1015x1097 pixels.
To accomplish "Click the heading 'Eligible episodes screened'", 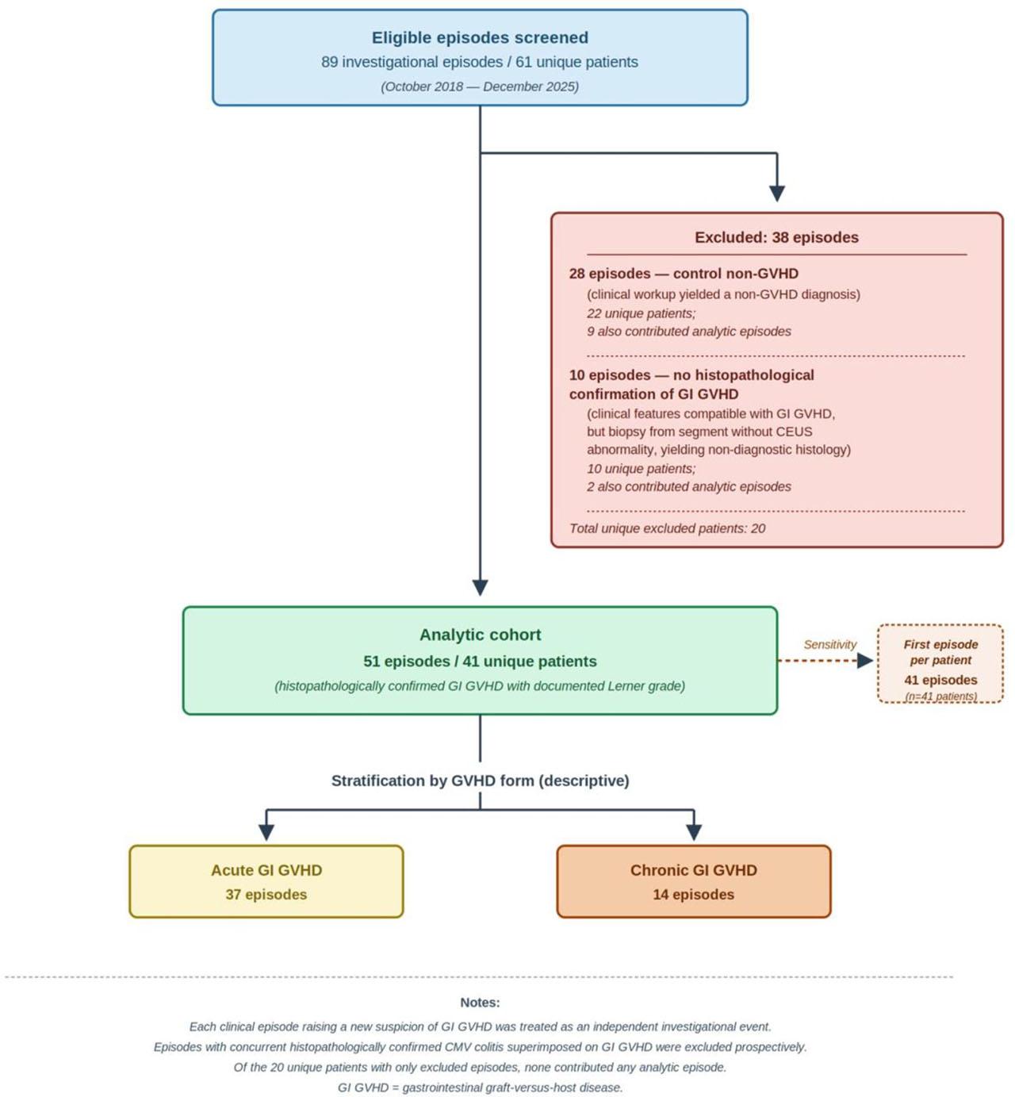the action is (480, 37).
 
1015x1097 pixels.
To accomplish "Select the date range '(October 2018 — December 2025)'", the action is (480, 86).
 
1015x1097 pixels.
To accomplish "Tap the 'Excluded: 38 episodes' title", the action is (776, 237).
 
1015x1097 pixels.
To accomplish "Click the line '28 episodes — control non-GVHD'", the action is (684, 274).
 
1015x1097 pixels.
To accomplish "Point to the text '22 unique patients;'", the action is (642, 313).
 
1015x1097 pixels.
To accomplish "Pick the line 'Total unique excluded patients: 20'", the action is (667, 528).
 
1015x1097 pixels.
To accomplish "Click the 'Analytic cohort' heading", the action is (480, 634).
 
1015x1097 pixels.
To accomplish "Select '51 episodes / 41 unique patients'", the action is (480, 662).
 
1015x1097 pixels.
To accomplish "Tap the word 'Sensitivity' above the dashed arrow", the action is (829, 644).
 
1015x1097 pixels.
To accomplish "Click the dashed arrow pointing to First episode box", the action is (825, 660).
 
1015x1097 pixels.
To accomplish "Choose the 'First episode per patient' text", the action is (940, 652).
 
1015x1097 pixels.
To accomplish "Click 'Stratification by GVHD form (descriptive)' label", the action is (480, 781).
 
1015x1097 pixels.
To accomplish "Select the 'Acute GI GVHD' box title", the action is (266, 870).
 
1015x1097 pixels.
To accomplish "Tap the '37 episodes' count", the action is (266, 894).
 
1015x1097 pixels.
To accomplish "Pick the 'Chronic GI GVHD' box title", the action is (694, 870).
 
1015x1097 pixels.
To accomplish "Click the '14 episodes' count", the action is (694, 894).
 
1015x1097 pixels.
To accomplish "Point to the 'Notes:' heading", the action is (480, 1003).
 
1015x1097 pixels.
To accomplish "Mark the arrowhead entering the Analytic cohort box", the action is (480, 588).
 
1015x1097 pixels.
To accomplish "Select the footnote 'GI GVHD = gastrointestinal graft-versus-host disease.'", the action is (480, 1087).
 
